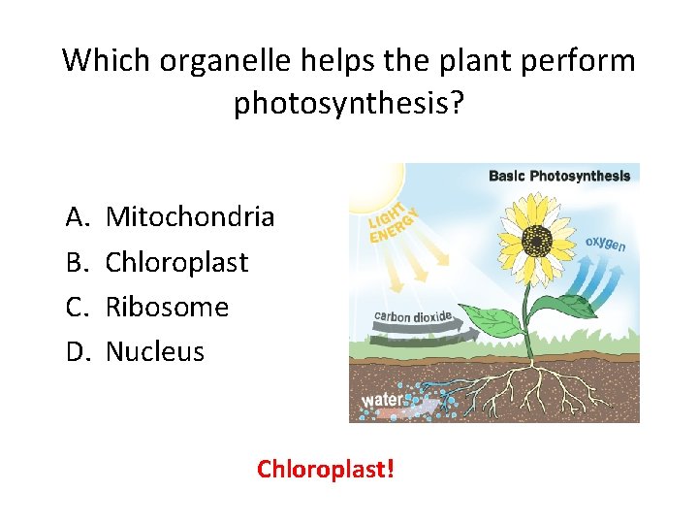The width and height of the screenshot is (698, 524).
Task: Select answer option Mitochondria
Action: (190, 216)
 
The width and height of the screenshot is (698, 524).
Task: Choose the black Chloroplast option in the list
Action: (176, 262)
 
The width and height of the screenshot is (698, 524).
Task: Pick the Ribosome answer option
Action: (167, 307)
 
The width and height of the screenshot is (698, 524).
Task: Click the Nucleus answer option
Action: (154, 351)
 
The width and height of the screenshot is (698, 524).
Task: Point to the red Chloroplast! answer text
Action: (325, 470)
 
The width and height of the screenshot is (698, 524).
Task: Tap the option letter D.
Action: (77, 351)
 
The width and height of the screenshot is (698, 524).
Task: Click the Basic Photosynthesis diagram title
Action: (559, 176)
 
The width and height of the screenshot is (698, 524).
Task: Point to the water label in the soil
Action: (379, 400)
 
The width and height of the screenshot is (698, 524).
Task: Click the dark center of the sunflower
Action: (535, 238)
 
